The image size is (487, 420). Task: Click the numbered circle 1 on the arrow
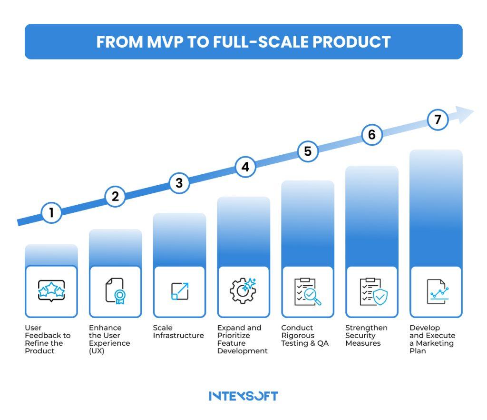click(51, 212)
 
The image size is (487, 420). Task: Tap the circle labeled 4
click(245, 167)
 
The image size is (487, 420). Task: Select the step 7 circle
click(438, 120)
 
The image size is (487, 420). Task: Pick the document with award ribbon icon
click(116, 291)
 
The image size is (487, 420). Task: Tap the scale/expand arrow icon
click(180, 291)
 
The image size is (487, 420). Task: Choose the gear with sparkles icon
click(243, 291)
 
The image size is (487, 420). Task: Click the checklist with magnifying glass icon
click(307, 291)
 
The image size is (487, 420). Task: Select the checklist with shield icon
click(372, 291)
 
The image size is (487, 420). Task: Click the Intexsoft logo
click(243, 396)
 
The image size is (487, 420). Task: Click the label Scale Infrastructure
click(178, 331)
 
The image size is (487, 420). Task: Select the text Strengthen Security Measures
click(366, 335)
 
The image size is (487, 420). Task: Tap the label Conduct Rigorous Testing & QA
click(305, 335)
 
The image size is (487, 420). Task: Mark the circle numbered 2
click(115, 196)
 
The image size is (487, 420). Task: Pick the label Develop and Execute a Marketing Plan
click(432, 339)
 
